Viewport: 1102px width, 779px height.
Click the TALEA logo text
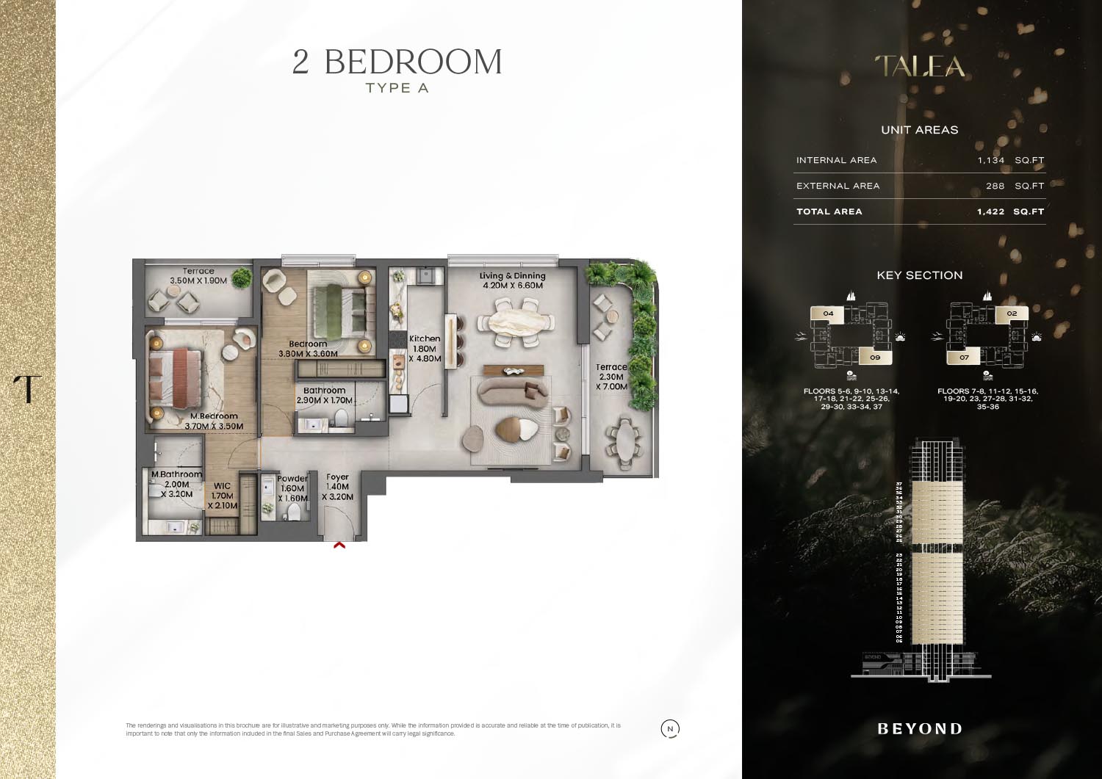(x=920, y=67)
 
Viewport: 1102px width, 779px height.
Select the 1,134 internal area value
(x=990, y=160)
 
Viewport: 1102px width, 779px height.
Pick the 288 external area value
(x=995, y=186)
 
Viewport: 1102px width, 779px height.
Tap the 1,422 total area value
(x=990, y=211)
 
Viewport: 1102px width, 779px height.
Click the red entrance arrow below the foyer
(x=339, y=545)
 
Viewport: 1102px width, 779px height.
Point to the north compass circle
(x=670, y=729)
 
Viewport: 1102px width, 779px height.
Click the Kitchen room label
(x=425, y=339)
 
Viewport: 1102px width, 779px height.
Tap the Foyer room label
(x=337, y=477)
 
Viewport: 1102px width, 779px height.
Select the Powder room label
(x=292, y=479)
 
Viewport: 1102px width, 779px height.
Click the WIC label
(x=222, y=486)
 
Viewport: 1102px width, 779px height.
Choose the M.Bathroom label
(x=176, y=474)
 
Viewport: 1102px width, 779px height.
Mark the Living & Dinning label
(x=513, y=276)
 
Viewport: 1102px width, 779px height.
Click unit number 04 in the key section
(x=828, y=314)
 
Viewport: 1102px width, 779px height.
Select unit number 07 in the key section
(x=964, y=358)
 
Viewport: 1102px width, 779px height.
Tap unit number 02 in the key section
(x=1012, y=314)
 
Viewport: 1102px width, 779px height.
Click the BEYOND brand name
(x=920, y=729)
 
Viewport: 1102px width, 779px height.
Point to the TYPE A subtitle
(x=397, y=88)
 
